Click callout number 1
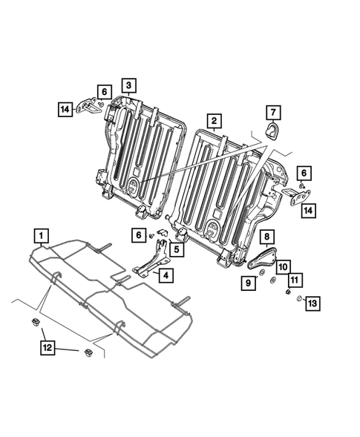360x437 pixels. [42, 237]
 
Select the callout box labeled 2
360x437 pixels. [213, 120]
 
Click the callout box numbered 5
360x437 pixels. [178, 250]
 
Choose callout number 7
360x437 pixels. [272, 113]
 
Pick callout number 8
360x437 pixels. [265, 237]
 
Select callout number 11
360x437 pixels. [295, 280]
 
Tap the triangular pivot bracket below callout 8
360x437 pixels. [261, 259]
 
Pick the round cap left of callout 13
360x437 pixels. [298, 300]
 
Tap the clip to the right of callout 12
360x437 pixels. [88, 352]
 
